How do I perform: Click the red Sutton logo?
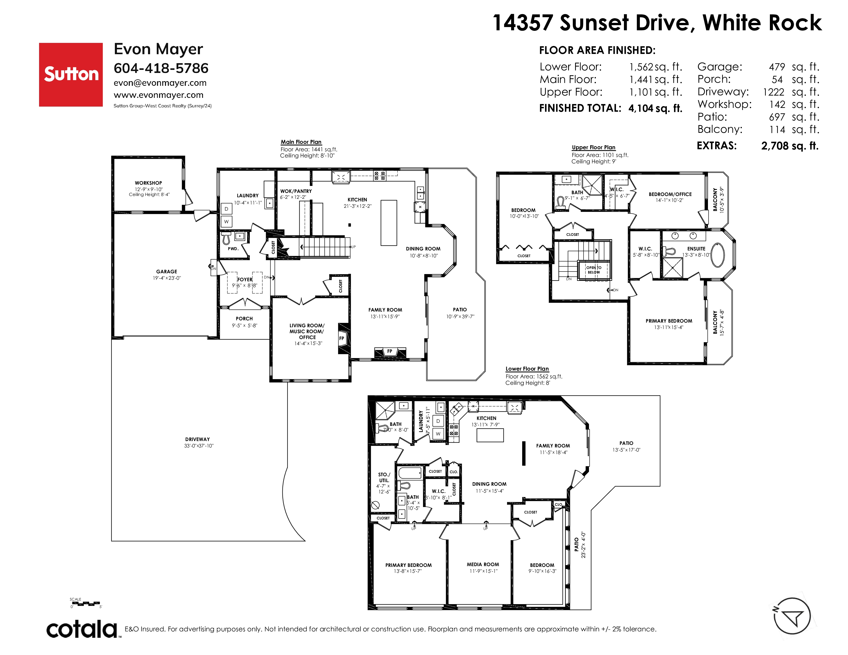71,74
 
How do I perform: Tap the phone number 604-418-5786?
161,68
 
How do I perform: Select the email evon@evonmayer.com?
160,83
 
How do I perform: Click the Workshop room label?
148,183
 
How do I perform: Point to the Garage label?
167,272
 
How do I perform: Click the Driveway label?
198,439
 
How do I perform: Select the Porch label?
244,319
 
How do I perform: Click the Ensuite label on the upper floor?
696,249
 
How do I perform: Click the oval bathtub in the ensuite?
717,255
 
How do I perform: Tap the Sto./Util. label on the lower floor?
384,477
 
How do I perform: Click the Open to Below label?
594,270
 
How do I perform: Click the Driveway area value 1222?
773,92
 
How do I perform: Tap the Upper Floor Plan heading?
593,147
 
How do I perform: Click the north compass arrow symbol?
792,616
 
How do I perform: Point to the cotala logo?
82,629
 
